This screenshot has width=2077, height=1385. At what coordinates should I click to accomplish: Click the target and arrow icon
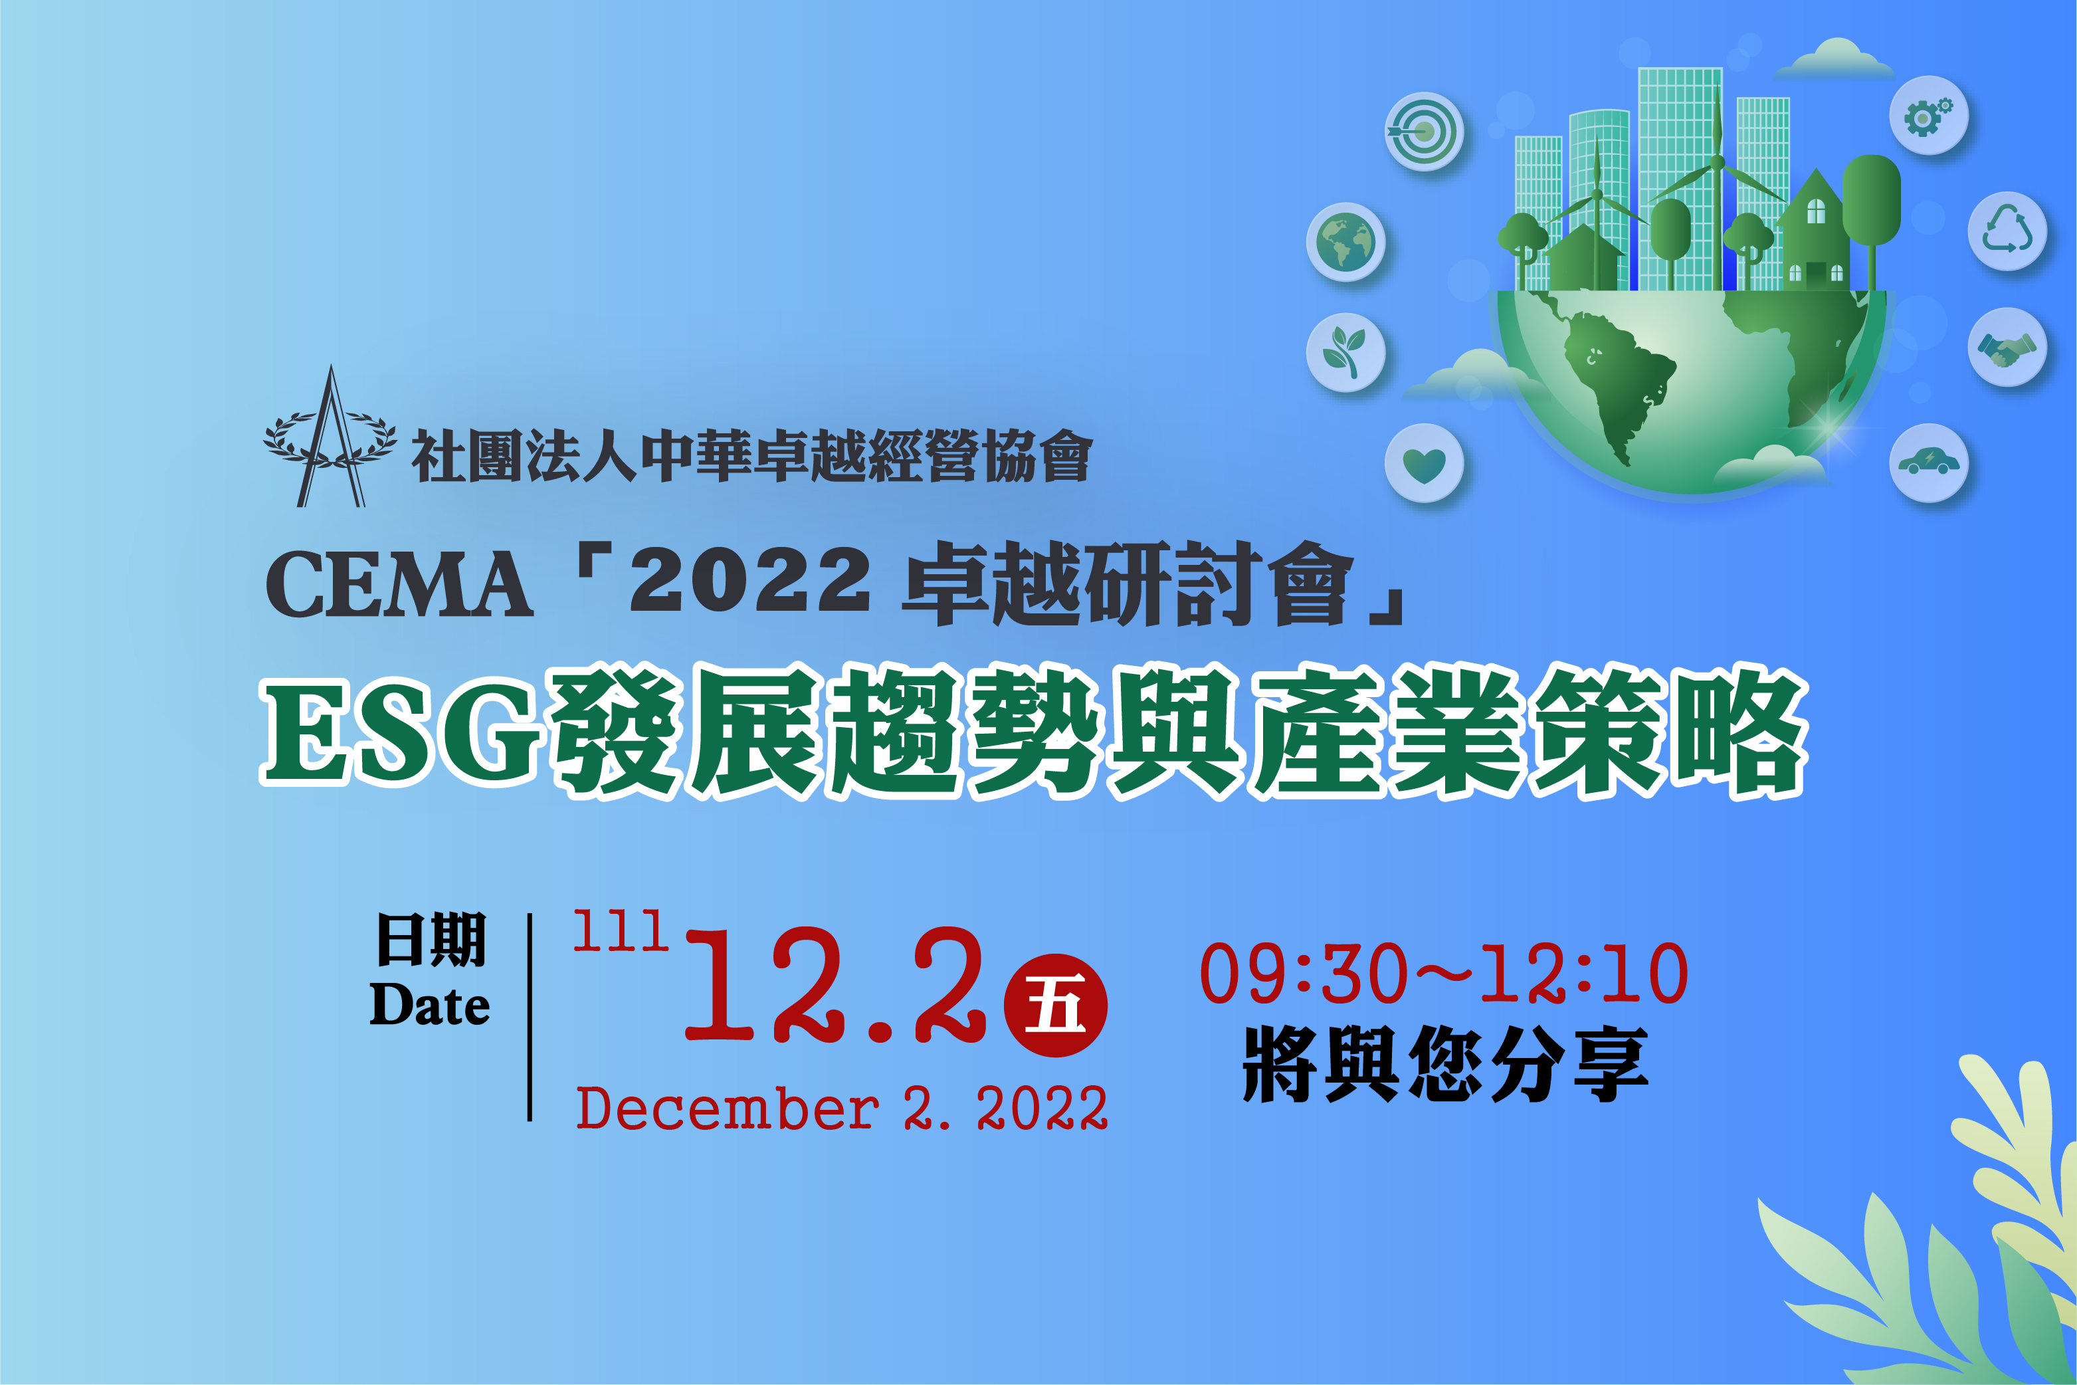click(x=1423, y=132)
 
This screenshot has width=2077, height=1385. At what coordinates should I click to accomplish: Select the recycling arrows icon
click(x=2007, y=231)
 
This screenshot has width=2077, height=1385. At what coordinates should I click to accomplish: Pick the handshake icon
click(x=2007, y=347)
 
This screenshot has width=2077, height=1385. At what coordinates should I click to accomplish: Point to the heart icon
click(x=1423, y=463)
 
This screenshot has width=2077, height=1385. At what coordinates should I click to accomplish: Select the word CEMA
click(x=399, y=584)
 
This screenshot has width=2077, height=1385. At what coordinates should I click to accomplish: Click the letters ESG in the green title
click(x=402, y=732)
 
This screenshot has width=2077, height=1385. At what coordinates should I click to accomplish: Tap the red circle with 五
click(x=1055, y=1005)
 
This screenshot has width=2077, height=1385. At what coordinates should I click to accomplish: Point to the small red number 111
click(x=621, y=931)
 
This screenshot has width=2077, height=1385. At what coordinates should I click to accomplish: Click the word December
click(x=727, y=1109)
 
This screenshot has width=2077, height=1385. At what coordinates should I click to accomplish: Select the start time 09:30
click(x=1304, y=974)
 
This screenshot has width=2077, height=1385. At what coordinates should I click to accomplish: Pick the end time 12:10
click(x=1584, y=974)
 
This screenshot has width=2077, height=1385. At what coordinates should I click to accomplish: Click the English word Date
click(x=430, y=1004)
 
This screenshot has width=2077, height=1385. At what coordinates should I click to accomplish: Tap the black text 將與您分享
click(x=1444, y=1065)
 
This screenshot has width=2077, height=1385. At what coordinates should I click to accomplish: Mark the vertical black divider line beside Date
click(x=530, y=1017)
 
